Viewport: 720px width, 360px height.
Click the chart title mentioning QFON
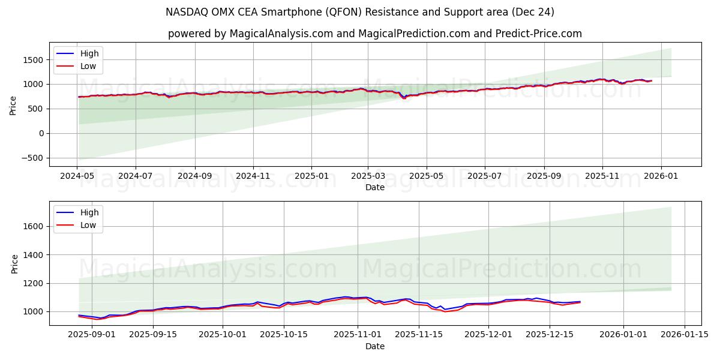pyautogui.click(x=360, y=12)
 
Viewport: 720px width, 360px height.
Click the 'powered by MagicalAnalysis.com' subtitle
pyautogui.click(x=374, y=34)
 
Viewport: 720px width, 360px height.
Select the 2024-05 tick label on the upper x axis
pyautogui.click(x=77, y=176)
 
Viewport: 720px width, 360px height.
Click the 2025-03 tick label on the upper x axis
pyautogui.click(x=368, y=176)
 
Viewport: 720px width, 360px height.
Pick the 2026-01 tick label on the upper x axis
pyautogui.click(x=661, y=176)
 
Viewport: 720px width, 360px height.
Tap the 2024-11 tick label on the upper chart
pyautogui.click(x=253, y=176)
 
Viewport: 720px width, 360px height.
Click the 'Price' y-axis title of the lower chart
pyautogui.click(x=14, y=263)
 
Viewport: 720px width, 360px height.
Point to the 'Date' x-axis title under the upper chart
pyautogui.click(x=375, y=187)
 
